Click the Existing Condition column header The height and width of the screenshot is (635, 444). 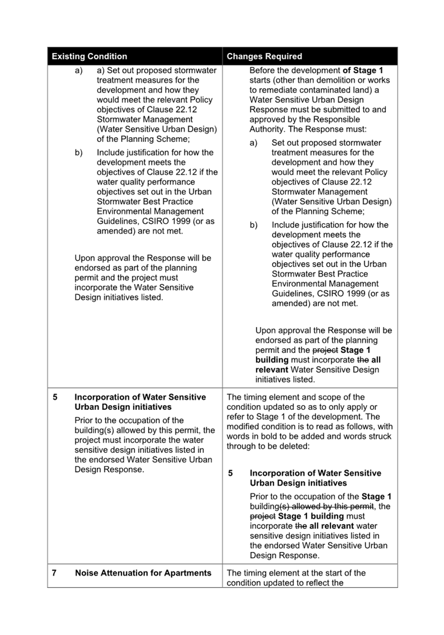[x=89, y=56]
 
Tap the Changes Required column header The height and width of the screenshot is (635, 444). [x=264, y=56]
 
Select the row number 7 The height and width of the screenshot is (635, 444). [x=54, y=573]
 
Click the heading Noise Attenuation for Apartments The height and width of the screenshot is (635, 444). [x=143, y=573]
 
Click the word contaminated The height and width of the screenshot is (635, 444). [x=318, y=90]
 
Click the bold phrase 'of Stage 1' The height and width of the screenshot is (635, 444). [x=363, y=70]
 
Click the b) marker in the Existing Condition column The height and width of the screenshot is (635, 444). [x=79, y=152]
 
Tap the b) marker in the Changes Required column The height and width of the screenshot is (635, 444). [x=254, y=225]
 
